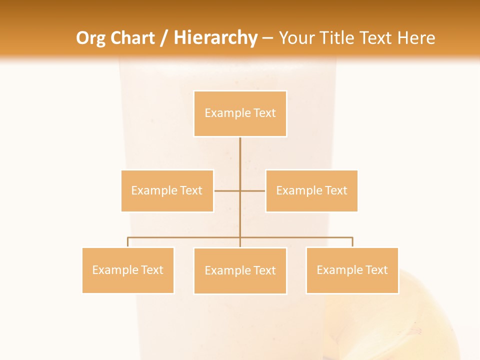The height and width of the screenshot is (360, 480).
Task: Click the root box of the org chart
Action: click(x=240, y=113)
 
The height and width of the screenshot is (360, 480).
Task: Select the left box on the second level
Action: click(x=167, y=190)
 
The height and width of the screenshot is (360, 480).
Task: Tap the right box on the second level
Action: click(x=311, y=190)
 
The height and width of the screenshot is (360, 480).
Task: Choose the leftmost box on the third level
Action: click(x=128, y=270)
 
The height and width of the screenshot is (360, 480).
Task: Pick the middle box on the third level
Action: click(x=240, y=270)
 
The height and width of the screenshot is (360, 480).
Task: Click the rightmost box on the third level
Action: click(x=352, y=270)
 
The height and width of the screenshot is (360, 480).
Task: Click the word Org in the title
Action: click(x=90, y=38)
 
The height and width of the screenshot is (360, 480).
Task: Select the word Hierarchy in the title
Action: click(x=215, y=38)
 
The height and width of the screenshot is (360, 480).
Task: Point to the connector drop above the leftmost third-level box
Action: click(x=128, y=242)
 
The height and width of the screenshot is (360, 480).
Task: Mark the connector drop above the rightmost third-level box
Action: click(x=352, y=242)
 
